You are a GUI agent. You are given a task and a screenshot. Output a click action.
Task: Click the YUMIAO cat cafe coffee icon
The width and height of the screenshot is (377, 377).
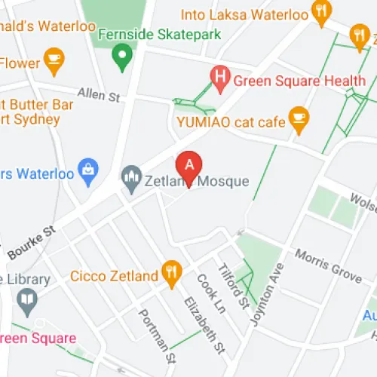click(x=300, y=118)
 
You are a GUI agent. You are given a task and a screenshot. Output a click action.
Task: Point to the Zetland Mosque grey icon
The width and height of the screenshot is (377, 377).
click(x=131, y=177)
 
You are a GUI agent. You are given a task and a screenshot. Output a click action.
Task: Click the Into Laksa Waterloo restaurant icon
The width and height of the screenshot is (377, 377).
click(x=322, y=11)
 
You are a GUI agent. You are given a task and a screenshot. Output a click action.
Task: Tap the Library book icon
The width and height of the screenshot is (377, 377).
click(x=29, y=301)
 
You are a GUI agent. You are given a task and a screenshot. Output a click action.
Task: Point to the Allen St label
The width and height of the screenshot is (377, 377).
click(x=103, y=96)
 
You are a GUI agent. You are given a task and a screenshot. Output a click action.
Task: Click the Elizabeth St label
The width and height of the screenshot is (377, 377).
click(x=204, y=325)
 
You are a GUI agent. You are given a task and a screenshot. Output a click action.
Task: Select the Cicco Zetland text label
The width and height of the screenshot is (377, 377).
click(x=113, y=275)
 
